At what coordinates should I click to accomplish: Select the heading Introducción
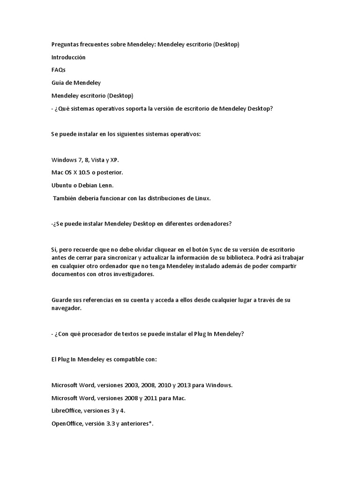68,57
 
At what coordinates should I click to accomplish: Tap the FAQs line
58,70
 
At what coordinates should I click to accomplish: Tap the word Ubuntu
61,185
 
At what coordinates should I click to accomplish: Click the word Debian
87,185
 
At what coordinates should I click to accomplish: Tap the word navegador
67,308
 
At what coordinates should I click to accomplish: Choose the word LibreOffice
66,411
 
